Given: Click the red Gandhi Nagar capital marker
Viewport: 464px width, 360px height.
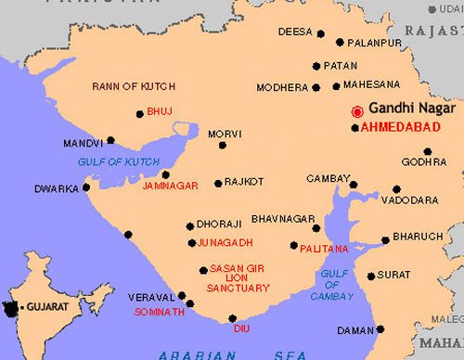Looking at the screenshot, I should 356,111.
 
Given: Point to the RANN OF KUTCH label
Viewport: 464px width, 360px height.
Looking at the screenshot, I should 128,86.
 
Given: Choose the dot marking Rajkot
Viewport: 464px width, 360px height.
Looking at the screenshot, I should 218,183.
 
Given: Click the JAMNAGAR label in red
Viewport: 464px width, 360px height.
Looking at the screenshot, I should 171,186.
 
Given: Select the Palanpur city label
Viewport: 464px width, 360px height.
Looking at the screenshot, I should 376,42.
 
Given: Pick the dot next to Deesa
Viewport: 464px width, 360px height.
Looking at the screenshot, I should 321,34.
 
